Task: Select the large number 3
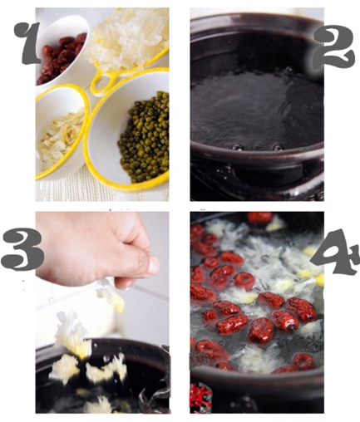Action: point(22,249)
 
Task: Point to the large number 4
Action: point(335,252)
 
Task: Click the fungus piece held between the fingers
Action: point(111,293)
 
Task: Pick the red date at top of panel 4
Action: point(259,218)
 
